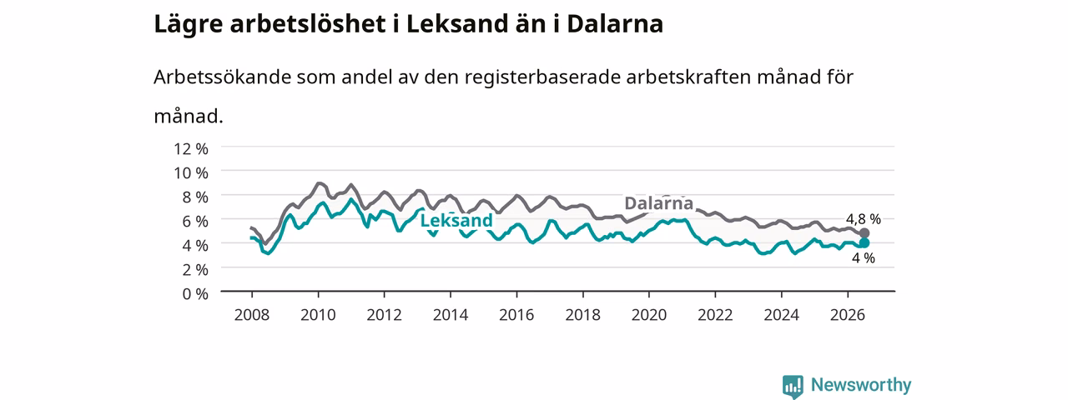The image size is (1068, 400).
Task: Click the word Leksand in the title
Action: coord(457,24)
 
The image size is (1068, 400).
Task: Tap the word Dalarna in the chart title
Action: coord(615,24)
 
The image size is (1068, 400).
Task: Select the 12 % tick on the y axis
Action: coord(191,149)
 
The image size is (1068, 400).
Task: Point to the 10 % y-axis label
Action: coord(191,172)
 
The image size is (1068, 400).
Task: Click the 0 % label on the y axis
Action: coord(195,294)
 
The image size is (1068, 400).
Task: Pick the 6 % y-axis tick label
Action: coord(195,222)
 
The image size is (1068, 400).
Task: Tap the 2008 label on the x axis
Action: coord(252,315)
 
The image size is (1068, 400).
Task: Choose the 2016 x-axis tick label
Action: coord(516,315)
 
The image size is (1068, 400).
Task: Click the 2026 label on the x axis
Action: coord(847,315)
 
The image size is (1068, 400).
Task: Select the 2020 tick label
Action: coord(649,315)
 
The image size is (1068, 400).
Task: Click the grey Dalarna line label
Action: coord(658,203)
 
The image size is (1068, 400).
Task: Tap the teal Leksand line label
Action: coord(456,221)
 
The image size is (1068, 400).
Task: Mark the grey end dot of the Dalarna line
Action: coord(864,232)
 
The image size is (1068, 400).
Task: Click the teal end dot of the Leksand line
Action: coord(864,242)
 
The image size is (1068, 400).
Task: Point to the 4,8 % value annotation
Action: coord(864,219)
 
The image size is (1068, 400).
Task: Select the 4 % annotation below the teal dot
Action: coord(864,258)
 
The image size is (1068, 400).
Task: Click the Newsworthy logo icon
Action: coord(793,386)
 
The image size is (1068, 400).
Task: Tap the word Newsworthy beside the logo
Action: coord(861,385)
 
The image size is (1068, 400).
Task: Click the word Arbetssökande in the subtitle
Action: coord(222,77)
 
